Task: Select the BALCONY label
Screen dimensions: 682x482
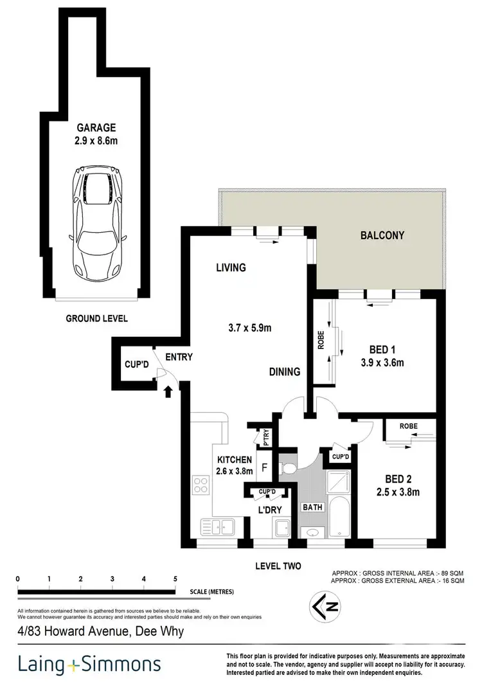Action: tap(382, 235)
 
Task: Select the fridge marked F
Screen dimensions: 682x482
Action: tap(263, 468)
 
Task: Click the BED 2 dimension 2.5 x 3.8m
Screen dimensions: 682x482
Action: tap(397, 492)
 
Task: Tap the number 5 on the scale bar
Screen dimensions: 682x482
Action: tap(175, 579)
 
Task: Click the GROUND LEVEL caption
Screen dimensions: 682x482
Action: tap(97, 318)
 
